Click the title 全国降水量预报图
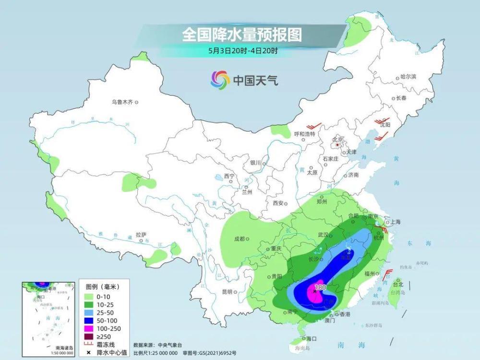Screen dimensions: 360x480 click(x=241, y=35)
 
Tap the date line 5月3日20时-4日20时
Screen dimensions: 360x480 click(x=241, y=49)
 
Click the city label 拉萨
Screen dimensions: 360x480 click(x=141, y=235)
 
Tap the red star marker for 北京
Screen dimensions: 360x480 click(x=338, y=144)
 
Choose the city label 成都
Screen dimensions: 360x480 click(x=239, y=239)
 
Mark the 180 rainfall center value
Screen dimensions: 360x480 click(x=320, y=288)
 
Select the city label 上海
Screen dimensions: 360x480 click(x=395, y=222)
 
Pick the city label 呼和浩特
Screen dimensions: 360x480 click(x=304, y=134)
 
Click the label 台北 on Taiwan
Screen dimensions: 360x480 click(x=398, y=284)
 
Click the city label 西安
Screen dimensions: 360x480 click(x=278, y=203)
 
